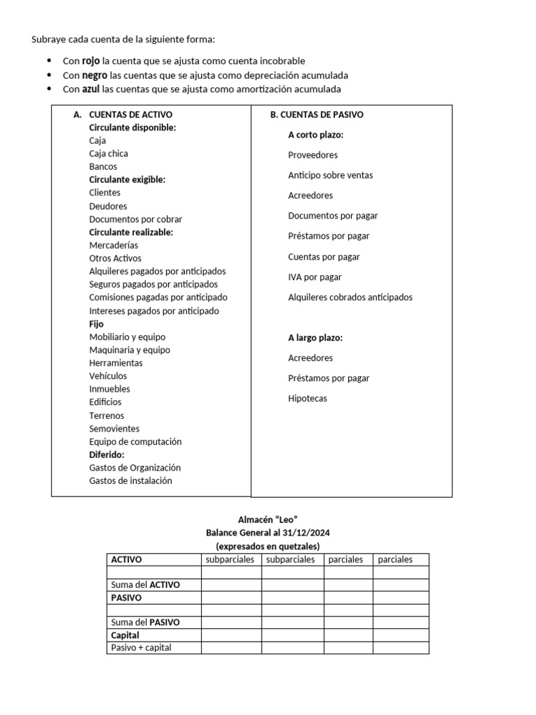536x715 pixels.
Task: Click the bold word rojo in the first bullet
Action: point(91,61)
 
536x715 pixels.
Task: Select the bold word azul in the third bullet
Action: point(91,89)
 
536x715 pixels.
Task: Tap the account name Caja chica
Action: point(108,154)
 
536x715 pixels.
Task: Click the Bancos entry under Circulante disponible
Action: point(103,167)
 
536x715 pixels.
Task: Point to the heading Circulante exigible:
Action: point(127,179)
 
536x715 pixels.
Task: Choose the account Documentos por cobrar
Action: point(135,219)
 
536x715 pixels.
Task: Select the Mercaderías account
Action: point(114,245)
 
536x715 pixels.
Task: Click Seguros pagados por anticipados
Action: point(154,284)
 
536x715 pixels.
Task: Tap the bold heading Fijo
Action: point(96,324)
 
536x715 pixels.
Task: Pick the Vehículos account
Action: point(108,376)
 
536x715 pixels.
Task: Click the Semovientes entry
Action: point(114,429)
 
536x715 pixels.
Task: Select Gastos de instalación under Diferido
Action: point(131,481)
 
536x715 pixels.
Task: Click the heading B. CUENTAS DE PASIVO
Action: point(317,115)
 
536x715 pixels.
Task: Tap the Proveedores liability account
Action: point(313,155)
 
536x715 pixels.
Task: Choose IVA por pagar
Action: point(315,277)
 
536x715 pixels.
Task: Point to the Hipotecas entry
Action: point(307,399)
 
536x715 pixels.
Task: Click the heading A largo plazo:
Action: point(315,338)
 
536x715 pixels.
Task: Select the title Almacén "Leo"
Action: point(268,519)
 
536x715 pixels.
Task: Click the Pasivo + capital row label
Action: point(141,648)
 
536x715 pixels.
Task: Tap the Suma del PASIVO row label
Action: point(145,622)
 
